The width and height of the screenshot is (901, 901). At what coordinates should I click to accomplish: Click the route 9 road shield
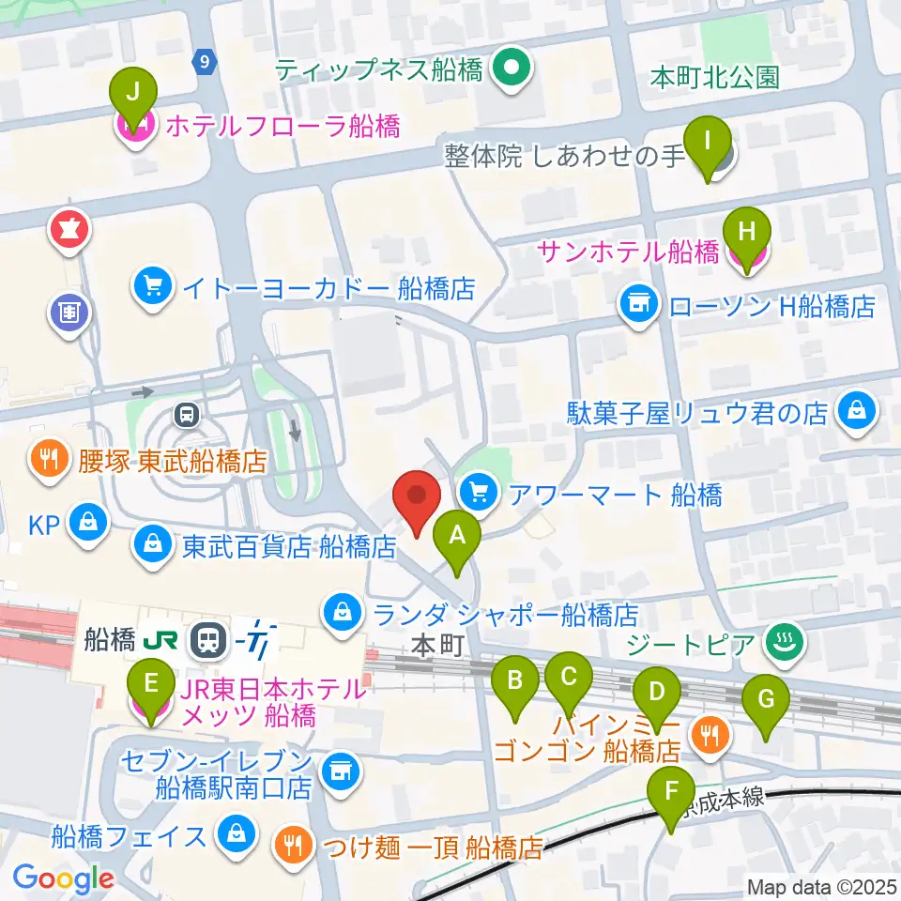click(x=205, y=61)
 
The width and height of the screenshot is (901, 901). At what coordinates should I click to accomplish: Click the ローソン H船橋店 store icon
click(x=636, y=303)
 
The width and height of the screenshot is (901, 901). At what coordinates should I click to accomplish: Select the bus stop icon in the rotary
click(x=186, y=412)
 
